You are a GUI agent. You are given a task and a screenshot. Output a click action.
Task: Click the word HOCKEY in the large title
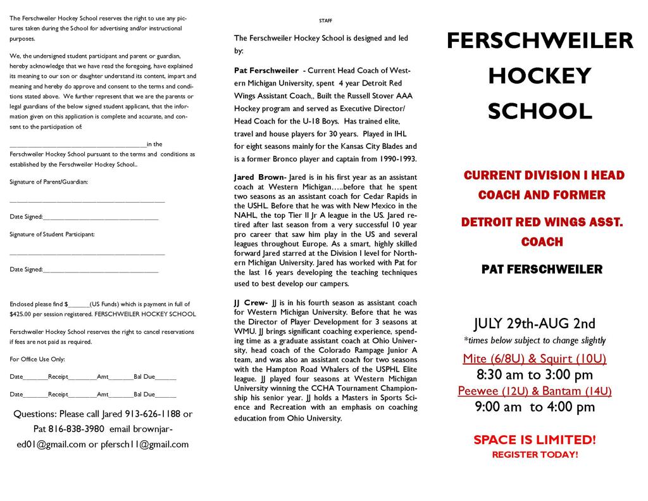coord(540,76)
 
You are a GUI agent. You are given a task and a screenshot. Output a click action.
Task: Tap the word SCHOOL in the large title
coord(540,111)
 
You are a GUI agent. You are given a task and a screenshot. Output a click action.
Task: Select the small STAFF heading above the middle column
coord(325,21)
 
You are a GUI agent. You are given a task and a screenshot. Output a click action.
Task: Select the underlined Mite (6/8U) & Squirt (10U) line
coord(535,358)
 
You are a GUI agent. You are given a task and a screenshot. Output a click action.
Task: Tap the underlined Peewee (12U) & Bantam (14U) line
coord(535,390)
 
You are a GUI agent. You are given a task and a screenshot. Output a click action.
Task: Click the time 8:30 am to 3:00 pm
coord(535,374)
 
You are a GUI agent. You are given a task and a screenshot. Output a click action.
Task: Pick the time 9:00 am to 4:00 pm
coord(535,407)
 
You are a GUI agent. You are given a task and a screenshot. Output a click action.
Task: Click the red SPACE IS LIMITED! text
coord(535,440)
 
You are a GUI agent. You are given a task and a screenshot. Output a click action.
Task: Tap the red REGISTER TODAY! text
coord(535,455)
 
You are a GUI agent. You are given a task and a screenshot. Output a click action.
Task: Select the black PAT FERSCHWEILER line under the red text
coord(542,270)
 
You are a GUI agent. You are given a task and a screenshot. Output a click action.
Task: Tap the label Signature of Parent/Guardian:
coord(49,182)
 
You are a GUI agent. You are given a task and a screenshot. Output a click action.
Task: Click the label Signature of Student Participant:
coord(52,234)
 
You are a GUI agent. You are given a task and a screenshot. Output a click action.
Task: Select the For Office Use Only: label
coord(37,359)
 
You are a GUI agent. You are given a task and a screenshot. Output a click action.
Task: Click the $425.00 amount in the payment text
coord(23,314)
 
